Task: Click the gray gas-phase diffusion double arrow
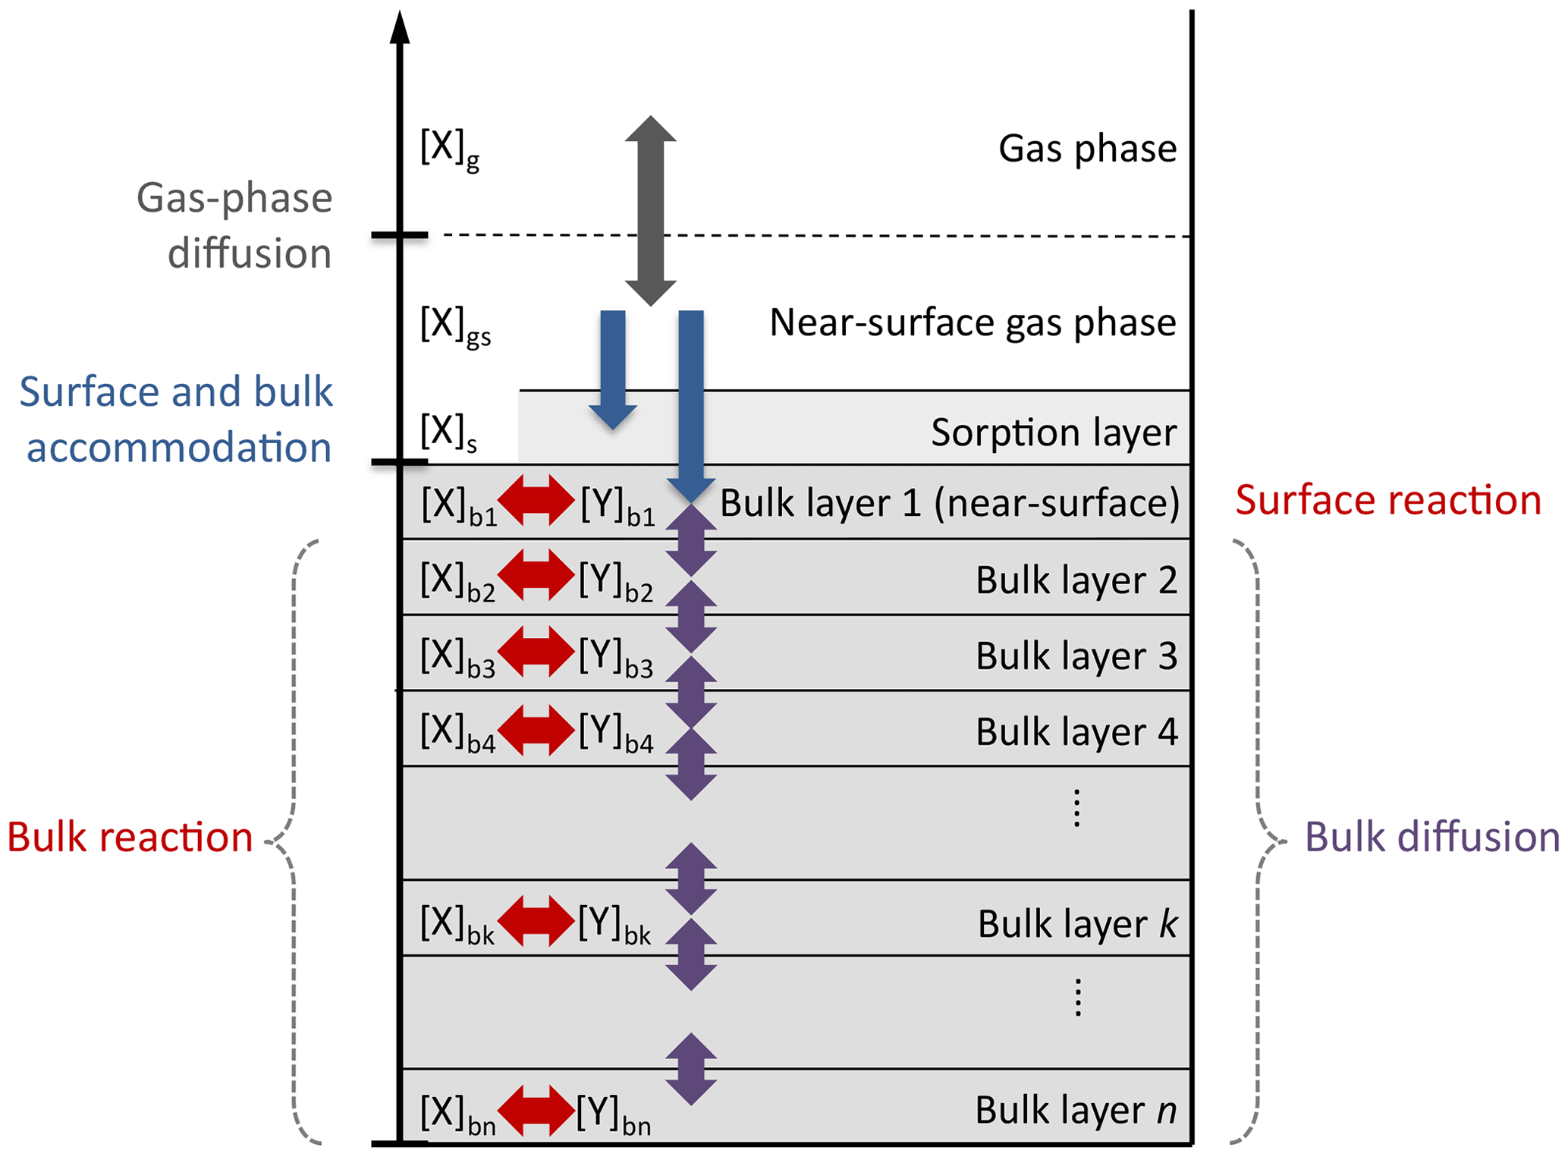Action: (650, 210)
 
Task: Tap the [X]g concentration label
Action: (449, 149)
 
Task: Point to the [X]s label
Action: (448, 432)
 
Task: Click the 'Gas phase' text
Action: (1087, 149)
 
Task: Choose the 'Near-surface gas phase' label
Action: (973, 322)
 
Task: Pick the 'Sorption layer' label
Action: (1054, 432)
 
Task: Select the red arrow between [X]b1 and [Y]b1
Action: (536, 501)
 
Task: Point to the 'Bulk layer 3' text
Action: (1076, 656)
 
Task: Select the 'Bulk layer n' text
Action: (1076, 1111)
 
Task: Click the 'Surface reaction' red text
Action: (1387, 501)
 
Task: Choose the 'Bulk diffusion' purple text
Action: (1431, 838)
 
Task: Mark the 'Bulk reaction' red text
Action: (130, 838)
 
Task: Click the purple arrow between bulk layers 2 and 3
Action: (691, 617)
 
